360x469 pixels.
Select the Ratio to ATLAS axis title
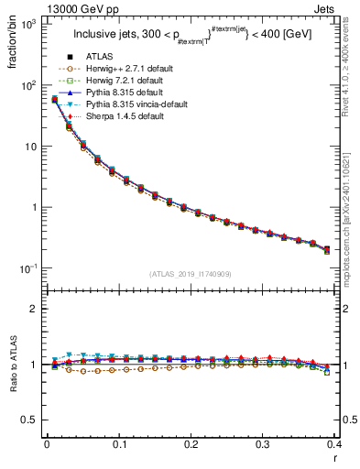tap(13, 365)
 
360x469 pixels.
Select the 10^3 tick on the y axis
tap(28, 24)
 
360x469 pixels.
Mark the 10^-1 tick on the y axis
tap(28, 267)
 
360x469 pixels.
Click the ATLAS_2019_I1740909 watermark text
tap(190, 274)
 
